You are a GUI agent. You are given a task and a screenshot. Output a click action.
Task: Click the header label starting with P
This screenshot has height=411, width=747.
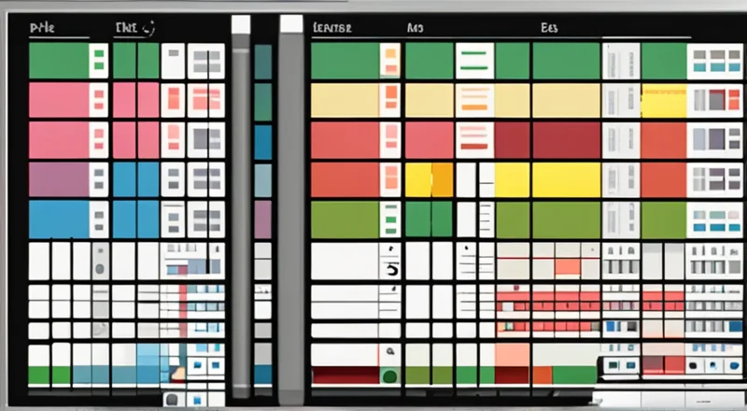pyautogui.click(x=43, y=29)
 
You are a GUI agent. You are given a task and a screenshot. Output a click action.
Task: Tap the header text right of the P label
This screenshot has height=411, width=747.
pyautogui.click(x=134, y=29)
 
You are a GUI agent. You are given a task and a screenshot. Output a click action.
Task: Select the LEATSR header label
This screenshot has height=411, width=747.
pyautogui.click(x=331, y=29)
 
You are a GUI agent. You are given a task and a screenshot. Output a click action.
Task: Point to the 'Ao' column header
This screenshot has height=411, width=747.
pyautogui.click(x=415, y=29)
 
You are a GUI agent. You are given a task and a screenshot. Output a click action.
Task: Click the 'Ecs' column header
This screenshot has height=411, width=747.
pyautogui.click(x=549, y=29)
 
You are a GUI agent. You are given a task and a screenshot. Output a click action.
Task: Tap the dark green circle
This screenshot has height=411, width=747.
pyautogui.click(x=390, y=376)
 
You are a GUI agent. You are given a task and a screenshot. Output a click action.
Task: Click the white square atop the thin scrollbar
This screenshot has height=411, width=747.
pyautogui.click(x=241, y=25)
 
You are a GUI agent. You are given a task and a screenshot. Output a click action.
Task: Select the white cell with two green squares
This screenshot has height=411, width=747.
pyautogui.click(x=98, y=61)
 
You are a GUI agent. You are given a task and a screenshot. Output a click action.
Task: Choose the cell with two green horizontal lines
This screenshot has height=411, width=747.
pyautogui.click(x=473, y=61)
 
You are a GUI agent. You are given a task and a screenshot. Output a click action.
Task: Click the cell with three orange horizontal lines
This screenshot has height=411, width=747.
pyautogui.click(x=473, y=139)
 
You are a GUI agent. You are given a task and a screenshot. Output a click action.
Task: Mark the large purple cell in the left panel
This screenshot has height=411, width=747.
pyautogui.click(x=59, y=179)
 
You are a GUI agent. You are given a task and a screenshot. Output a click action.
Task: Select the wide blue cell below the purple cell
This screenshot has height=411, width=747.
pyautogui.click(x=59, y=219)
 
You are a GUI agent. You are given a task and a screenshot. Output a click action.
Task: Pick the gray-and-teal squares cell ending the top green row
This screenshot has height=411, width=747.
pyautogui.click(x=714, y=61)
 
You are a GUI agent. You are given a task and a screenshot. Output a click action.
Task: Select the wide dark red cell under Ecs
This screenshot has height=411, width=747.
pyautogui.click(x=566, y=139)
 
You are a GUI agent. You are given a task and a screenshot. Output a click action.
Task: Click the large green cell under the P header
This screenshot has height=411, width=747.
pyautogui.click(x=59, y=61)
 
